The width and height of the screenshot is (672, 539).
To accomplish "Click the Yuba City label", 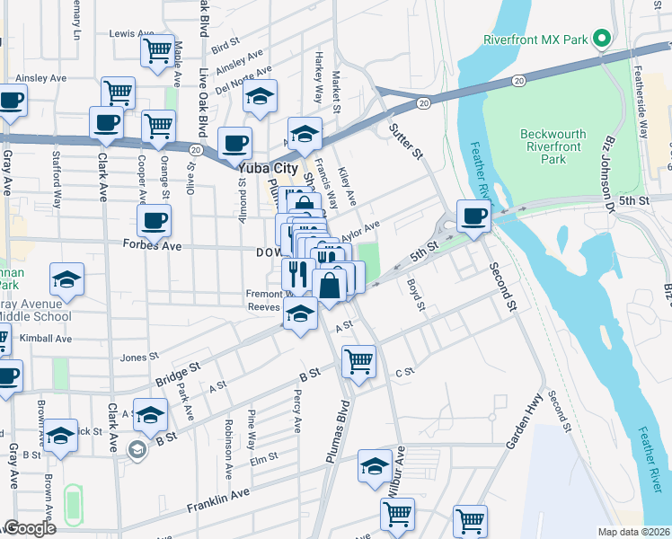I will [x=268, y=167].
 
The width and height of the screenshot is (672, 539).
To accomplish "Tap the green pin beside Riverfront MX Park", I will [x=602, y=40].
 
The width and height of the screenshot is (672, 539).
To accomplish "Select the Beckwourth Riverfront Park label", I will [x=553, y=146].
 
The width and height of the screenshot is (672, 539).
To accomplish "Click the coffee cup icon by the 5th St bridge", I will [x=473, y=216].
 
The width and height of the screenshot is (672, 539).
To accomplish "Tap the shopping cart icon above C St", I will [x=358, y=362].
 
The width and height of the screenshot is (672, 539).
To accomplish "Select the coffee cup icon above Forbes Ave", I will [x=154, y=220].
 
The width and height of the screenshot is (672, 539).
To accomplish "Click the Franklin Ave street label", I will [x=218, y=500].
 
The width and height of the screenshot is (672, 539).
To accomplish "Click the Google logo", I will [x=30, y=528].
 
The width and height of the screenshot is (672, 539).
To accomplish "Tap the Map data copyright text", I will [x=633, y=532].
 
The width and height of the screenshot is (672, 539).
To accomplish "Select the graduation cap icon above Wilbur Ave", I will [x=375, y=466].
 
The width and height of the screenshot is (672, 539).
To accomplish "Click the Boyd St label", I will [x=414, y=295].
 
